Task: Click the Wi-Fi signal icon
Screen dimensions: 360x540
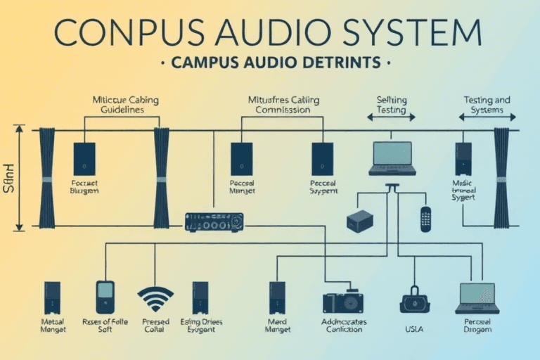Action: coord(155,298)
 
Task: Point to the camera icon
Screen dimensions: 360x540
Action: coord(342,302)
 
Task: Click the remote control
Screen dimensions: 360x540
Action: coord(425,219)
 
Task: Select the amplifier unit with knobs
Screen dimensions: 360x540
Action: coord(214,221)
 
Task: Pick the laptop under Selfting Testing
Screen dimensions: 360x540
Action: coord(392,158)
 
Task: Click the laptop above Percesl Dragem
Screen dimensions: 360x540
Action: coord(477,298)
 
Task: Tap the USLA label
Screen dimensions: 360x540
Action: coord(413,327)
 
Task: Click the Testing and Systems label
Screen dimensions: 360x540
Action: coord(487,105)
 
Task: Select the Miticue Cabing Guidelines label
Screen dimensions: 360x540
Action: coord(126,105)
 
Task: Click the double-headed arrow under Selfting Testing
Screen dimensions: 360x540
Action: coord(392,117)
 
